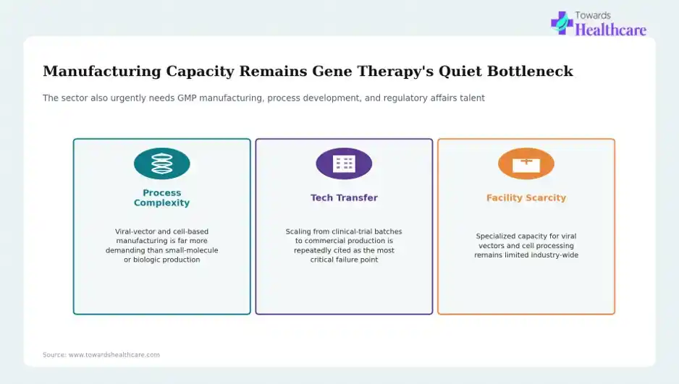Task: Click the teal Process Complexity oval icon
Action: click(162, 163)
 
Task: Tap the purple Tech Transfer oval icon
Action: click(344, 163)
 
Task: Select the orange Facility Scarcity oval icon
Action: click(526, 163)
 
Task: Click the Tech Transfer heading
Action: click(344, 197)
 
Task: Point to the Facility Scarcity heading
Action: click(526, 197)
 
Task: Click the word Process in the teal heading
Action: click(162, 193)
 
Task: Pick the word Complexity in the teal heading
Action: click(162, 202)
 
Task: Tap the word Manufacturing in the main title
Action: click(102, 71)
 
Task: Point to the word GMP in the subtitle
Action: click(187, 98)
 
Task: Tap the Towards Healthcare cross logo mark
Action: click(562, 23)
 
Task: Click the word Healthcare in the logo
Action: click(610, 30)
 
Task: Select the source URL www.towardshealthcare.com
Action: click(114, 355)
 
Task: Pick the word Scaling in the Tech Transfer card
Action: click(298, 232)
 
